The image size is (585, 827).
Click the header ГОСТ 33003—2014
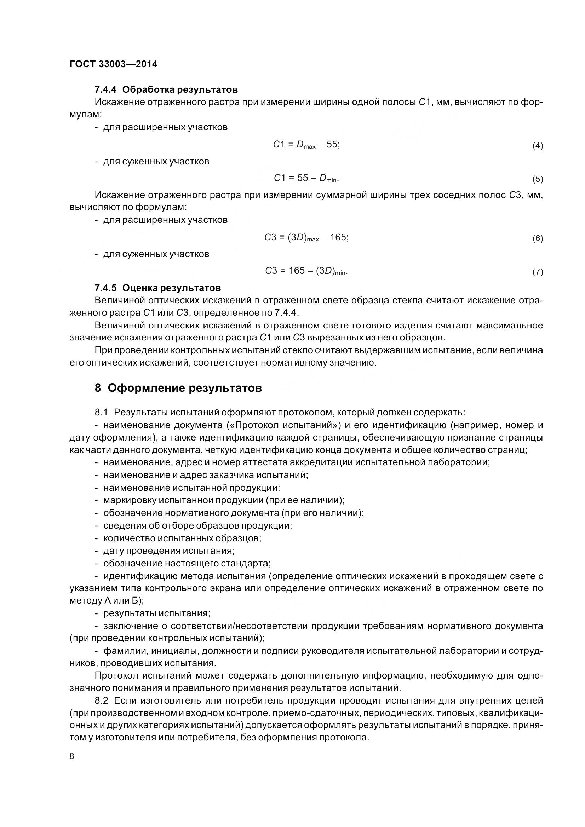coord(113,64)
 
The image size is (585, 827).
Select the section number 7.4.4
coord(105,89)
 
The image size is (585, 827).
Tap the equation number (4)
coord(538,146)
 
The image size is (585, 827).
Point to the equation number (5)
coord(538,179)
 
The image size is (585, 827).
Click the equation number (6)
coord(538,238)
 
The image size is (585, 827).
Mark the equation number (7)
coord(538,272)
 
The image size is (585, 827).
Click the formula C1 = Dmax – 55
coord(306,145)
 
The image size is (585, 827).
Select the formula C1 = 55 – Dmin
coord(306,178)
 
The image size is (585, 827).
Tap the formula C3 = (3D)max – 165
coord(306,238)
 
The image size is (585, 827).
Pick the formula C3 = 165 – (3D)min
coord(306,271)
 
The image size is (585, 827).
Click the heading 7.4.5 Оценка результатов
coord(157,288)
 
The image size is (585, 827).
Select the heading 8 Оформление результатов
coord(178,388)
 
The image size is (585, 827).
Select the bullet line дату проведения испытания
coord(169,551)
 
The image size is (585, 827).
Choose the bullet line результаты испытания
coord(157,613)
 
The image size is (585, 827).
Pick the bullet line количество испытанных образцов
coord(182,538)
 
